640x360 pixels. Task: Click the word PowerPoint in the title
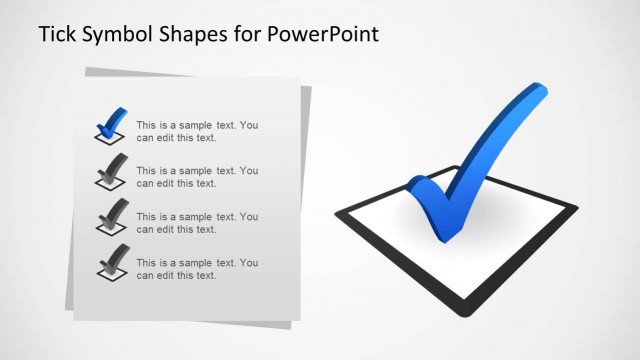[x=322, y=35]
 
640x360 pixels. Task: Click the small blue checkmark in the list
[x=111, y=123]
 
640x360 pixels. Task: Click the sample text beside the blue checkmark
[x=197, y=132]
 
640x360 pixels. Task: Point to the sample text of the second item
[x=197, y=177]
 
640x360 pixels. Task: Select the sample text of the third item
[x=197, y=223]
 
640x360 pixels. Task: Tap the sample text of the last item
[x=197, y=269]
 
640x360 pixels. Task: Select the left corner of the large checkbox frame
[x=341, y=211]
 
